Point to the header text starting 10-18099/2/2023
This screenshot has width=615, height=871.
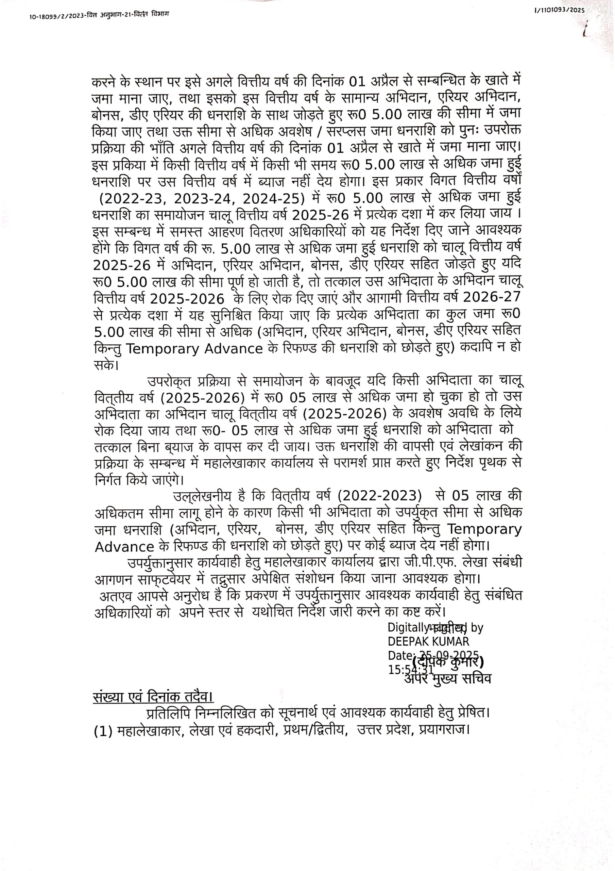(99, 15)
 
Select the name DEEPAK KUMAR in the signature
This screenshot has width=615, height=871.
(428, 641)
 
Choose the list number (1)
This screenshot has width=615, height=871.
(103, 730)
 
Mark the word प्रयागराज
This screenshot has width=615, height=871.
(444, 730)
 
